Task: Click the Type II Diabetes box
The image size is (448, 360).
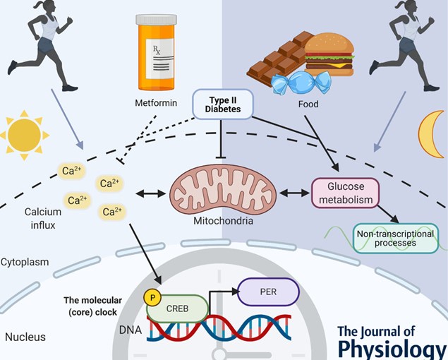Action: (222, 104)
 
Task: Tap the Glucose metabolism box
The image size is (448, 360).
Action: (345, 193)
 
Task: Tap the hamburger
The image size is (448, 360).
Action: (330, 52)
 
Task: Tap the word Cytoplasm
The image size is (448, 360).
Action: (25, 262)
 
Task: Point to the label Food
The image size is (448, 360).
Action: (308, 104)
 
